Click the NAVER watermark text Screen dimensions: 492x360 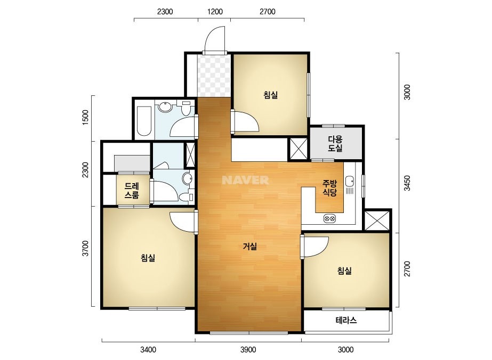point(245,180)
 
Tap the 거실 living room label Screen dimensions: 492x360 point(250,247)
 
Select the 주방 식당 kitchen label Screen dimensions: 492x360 point(330,187)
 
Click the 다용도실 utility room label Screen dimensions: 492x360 point(335,144)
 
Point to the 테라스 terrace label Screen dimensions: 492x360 point(346,320)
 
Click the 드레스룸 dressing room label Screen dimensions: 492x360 point(132,191)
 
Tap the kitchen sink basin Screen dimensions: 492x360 point(350,181)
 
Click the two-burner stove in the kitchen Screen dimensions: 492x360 point(329,218)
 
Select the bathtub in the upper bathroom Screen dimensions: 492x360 point(144,121)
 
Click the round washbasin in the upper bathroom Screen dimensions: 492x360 point(165,107)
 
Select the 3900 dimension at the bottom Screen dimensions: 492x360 point(248,349)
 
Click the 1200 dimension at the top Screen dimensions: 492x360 point(215,12)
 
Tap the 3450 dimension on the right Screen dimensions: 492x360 point(407,183)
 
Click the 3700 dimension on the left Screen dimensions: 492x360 point(85,248)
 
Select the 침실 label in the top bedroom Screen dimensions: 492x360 point(270,95)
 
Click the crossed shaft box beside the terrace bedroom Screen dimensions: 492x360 point(377,220)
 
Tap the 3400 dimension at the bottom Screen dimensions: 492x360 point(148,349)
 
